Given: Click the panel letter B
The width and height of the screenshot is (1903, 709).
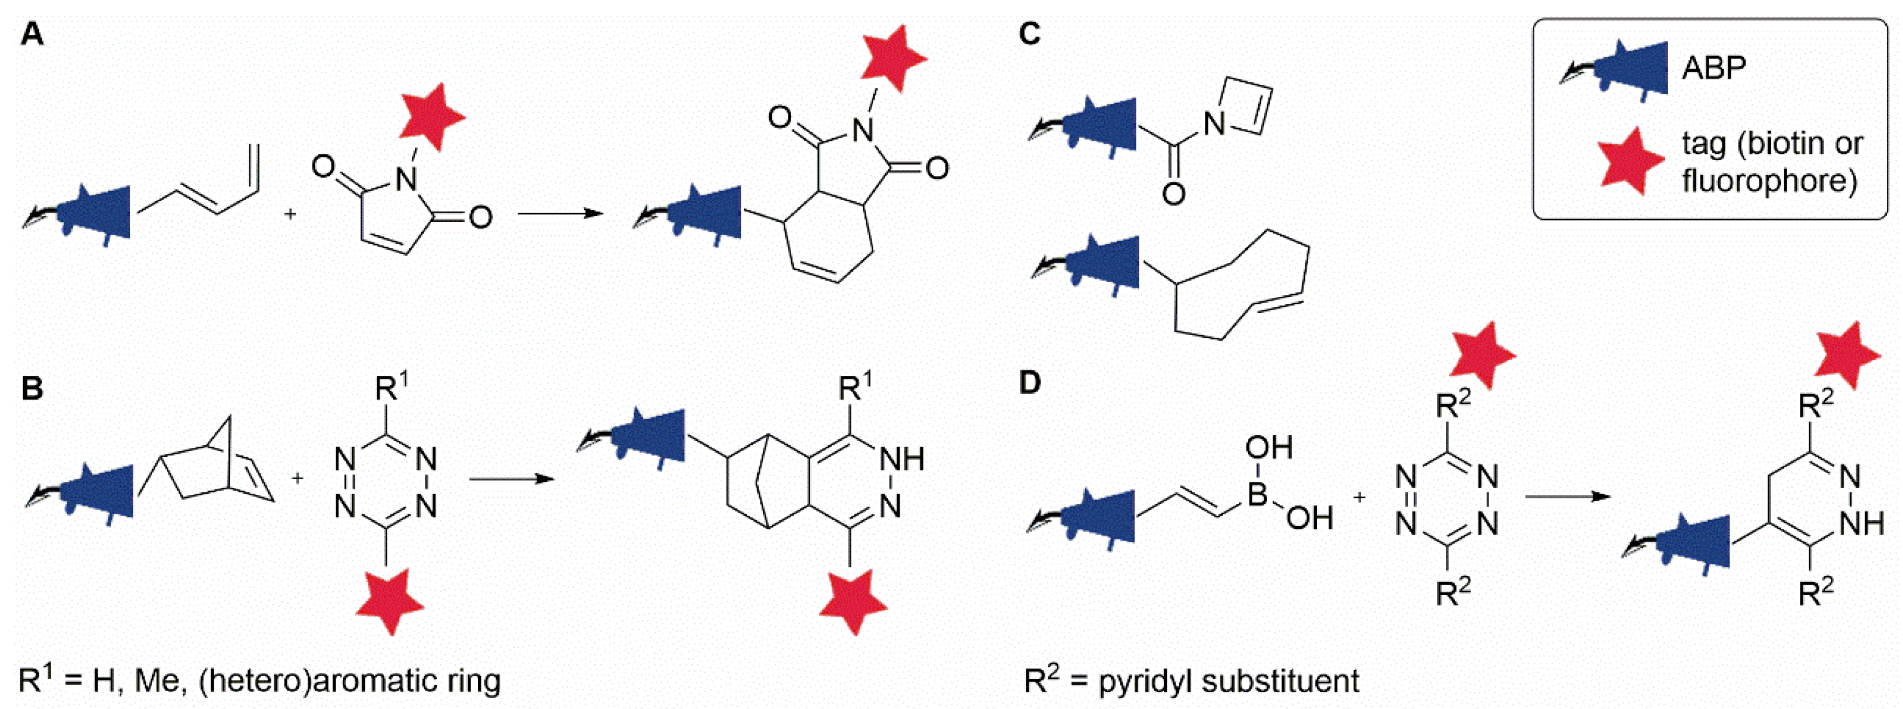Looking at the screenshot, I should tap(32, 388).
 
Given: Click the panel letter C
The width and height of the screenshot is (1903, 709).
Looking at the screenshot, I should tap(1029, 34).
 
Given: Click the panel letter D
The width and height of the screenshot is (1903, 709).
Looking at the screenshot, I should tap(1029, 383).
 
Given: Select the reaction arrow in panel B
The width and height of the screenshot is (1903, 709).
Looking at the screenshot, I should tap(511, 479).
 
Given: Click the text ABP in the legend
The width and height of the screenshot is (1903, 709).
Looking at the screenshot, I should tap(1714, 69).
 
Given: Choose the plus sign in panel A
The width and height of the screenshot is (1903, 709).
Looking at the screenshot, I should tap(290, 214).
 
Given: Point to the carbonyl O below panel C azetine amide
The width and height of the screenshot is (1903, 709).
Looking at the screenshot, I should tap(1174, 194).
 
